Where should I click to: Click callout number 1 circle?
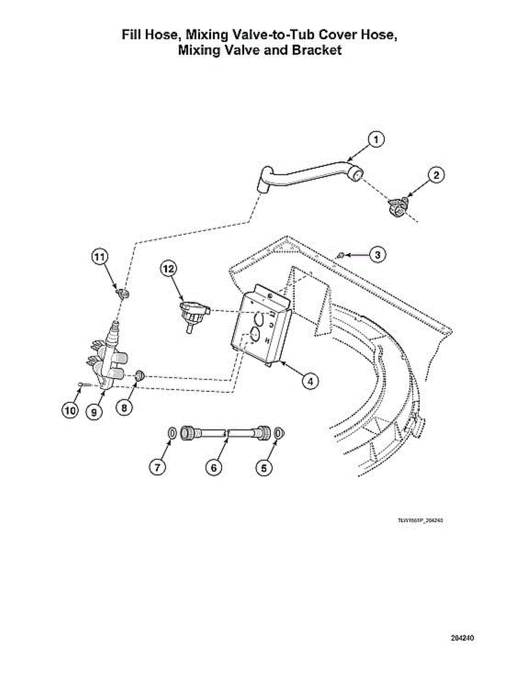point(376,139)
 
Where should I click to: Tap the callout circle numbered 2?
point(436,175)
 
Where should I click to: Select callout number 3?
point(378,255)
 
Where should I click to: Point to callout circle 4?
point(309,381)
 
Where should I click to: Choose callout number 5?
point(264,467)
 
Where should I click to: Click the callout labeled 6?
point(213,467)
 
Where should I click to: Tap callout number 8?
point(124,408)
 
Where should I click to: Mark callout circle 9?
point(94,412)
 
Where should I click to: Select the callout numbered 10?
point(70,411)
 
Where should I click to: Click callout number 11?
point(99,257)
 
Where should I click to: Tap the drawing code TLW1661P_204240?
point(421,520)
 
